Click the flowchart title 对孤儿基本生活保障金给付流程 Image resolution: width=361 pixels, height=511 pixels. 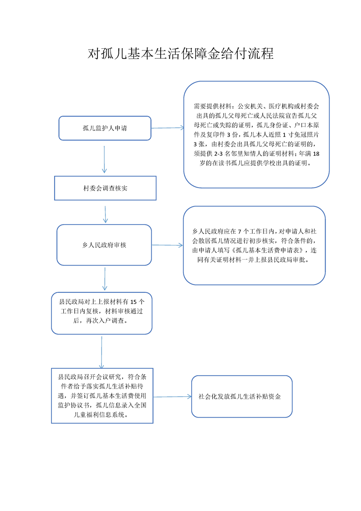tap(180, 53)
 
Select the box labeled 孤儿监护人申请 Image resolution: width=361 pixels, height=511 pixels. tap(105, 128)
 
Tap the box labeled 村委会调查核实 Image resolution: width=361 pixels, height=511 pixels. tap(105, 188)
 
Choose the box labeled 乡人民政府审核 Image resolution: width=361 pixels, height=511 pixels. tap(104, 245)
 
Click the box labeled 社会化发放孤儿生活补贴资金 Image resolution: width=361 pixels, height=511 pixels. tap(242, 396)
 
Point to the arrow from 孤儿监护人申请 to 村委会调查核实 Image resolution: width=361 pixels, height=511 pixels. tap(104, 159)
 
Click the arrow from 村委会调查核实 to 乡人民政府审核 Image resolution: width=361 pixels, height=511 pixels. tap(105, 214)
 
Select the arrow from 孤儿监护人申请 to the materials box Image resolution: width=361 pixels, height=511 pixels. tap(168, 128)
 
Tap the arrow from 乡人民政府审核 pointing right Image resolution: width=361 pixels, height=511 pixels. tap(168, 245)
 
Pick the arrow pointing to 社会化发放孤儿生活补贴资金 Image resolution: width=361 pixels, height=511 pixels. tap(173, 397)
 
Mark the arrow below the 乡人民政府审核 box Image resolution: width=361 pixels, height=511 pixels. tap(105, 279)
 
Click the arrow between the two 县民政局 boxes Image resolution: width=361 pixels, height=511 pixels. tap(102, 353)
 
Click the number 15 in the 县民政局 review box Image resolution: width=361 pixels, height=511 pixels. tap(133, 302)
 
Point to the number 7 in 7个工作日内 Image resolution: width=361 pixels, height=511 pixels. tap(239, 232)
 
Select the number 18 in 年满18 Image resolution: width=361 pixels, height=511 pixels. tap(316, 153)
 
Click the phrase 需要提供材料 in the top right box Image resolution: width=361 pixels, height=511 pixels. tap(212, 106)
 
